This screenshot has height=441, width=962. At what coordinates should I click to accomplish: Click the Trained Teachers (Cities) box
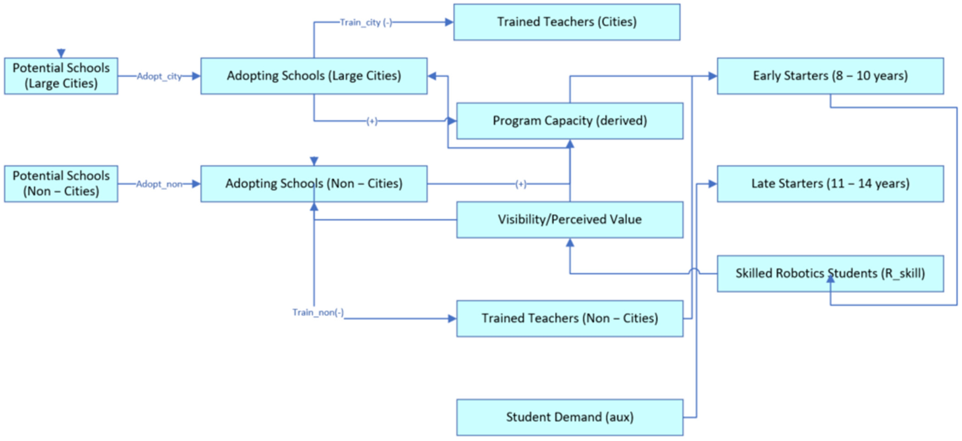coord(567,22)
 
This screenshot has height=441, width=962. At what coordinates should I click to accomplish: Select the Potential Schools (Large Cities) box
coord(61,76)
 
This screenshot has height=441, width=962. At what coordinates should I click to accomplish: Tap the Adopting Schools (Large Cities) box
coord(314,76)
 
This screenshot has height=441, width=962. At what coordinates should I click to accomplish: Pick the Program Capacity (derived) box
coord(569,121)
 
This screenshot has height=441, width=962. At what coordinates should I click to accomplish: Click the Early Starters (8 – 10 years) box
coord(830,76)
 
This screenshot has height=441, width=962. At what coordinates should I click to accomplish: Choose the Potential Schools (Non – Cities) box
coord(61,184)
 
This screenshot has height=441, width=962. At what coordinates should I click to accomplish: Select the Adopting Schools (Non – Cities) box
coord(314,184)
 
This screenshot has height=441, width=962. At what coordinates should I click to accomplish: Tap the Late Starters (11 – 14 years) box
coord(830,184)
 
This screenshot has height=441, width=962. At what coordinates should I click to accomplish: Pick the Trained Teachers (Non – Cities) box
coord(569,318)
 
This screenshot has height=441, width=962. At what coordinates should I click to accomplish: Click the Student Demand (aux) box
coord(569,417)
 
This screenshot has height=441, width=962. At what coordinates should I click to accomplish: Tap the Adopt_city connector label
coord(159,76)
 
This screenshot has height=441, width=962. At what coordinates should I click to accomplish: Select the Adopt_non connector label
coord(159,184)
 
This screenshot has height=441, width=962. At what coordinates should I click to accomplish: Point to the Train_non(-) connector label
coord(318,312)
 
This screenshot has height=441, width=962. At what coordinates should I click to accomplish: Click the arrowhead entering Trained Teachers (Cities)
coord(449,22)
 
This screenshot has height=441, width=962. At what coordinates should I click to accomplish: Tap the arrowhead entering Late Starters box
coord(712,184)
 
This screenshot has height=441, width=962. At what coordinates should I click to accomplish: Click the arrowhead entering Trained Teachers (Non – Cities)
coord(452,318)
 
